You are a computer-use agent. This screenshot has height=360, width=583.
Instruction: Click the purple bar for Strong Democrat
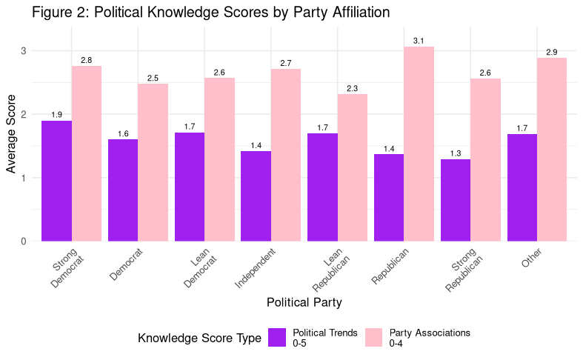pos(56,181)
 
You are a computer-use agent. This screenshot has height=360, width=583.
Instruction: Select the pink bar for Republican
pos(419,144)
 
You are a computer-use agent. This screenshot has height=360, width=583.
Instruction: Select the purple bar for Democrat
pos(123,190)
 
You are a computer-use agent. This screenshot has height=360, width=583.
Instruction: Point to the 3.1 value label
pos(419,41)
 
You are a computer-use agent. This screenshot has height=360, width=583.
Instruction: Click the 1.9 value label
pos(56,116)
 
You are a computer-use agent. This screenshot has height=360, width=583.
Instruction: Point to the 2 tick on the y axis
pos(24,115)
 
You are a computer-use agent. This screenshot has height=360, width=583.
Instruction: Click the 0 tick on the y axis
pos(24,241)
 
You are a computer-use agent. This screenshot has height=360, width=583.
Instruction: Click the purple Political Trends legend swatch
pos(277,338)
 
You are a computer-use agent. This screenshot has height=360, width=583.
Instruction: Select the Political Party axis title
pos(304,302)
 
